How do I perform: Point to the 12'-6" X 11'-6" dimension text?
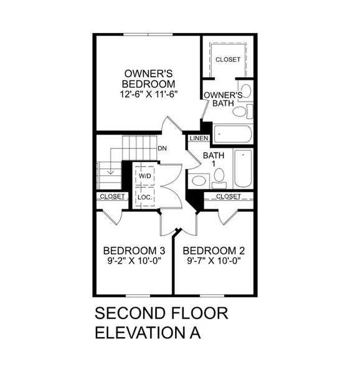tap(148, 95)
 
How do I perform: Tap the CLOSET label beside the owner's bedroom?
tap(227, 60)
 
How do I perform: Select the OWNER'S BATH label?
tap(223, 100)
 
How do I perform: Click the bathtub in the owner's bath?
tap(232, 133)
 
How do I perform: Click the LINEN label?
tap(199, 138)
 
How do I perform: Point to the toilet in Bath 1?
tap(199, 181)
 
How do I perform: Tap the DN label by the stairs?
tap(162, 148)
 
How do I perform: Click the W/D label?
tap(144, 176)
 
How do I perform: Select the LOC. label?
tap(144, 197)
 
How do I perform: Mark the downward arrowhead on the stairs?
tap(110, 172)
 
